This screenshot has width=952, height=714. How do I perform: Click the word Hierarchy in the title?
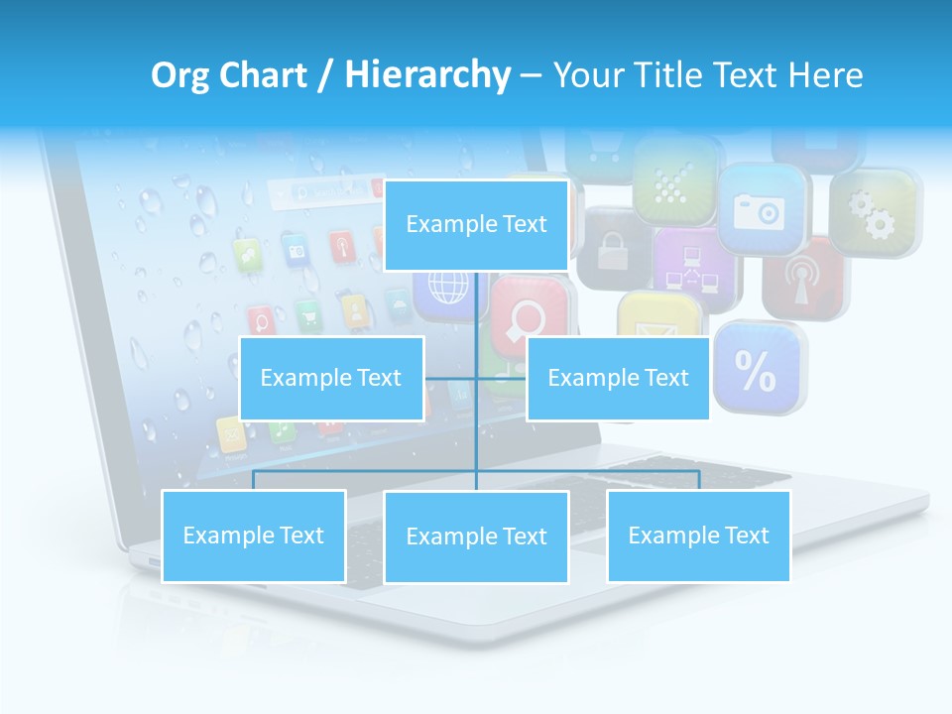(426, 75)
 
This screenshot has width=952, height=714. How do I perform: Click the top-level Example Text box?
(476, 225)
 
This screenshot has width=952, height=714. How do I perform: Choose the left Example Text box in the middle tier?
(331, 378)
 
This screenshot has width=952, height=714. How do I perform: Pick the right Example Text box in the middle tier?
(618, 378)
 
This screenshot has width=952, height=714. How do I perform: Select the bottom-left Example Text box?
(254, 535)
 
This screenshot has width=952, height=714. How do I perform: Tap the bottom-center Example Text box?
(476, 536)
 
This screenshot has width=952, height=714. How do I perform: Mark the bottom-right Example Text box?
(698, 535)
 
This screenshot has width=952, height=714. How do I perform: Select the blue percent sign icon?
(758, 368)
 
